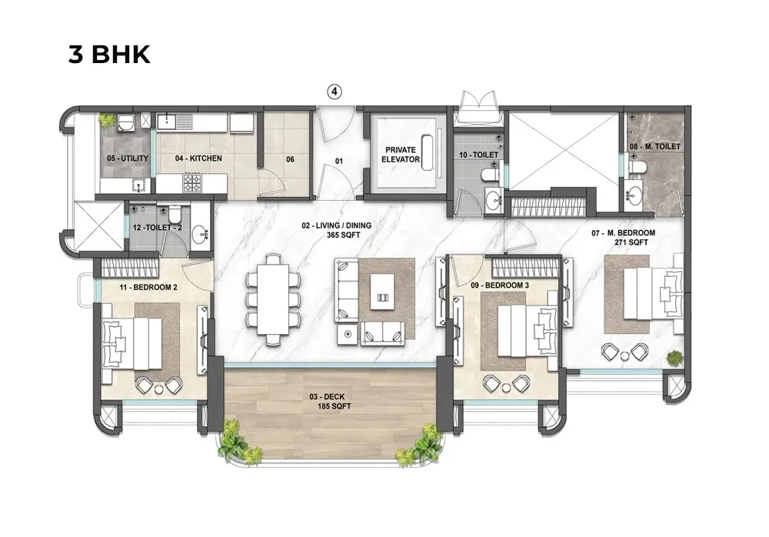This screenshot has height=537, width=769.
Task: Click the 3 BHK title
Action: (109, 55)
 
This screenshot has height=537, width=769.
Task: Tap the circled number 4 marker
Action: (335, 92)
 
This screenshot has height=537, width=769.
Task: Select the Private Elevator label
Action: (401, 155)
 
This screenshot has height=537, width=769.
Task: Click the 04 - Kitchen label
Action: (198, 158)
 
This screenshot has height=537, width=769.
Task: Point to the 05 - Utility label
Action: (128, 158)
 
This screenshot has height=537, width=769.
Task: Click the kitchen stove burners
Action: (191, 182)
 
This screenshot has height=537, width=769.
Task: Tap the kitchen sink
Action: (170, 121)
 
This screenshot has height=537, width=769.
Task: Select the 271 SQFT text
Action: (632, 242)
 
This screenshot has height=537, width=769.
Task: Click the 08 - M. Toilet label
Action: (654, 145)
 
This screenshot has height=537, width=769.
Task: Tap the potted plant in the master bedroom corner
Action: (674, 358)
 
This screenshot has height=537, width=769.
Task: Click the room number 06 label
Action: (290, 159)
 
